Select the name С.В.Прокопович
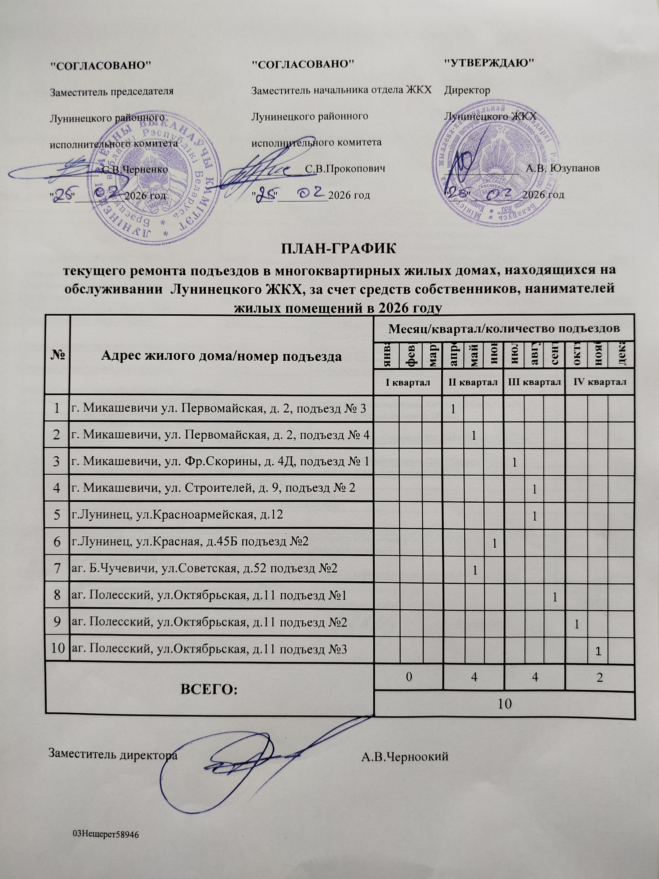click(x=346, y=169)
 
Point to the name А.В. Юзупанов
click(x=562, y=168)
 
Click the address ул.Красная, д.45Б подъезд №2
click(x=189, y=542)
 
